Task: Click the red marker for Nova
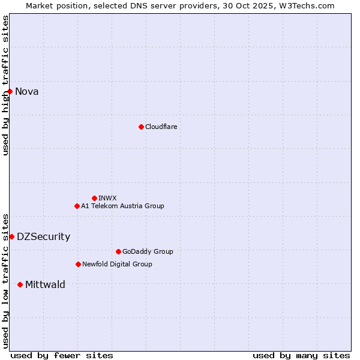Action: tap(10, 91)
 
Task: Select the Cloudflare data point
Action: tap(141, 127)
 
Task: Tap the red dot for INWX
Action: tap(94, 198)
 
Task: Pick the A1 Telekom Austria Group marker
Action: tap(77, 206)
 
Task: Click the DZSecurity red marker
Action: tap(11, 236)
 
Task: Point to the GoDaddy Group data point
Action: tap(118, 251)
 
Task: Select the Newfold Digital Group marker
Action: tap(78, 264)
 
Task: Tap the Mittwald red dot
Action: tap(20, 284)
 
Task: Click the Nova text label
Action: tap(27, 91)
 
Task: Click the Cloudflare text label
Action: tap(161, 127)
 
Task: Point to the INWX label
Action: tap(107, 198)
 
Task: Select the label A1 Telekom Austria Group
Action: tap(122, 206)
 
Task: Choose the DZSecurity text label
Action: tap(43, 236)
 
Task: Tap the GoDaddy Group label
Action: tap(148, 251)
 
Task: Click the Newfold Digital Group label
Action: tap(117, 264)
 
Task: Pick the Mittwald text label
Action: tap(45, 284)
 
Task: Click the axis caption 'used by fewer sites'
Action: tap(62, 355)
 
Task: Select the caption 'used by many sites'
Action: tap(301, 355)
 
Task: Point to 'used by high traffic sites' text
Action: tap(5, 85)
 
